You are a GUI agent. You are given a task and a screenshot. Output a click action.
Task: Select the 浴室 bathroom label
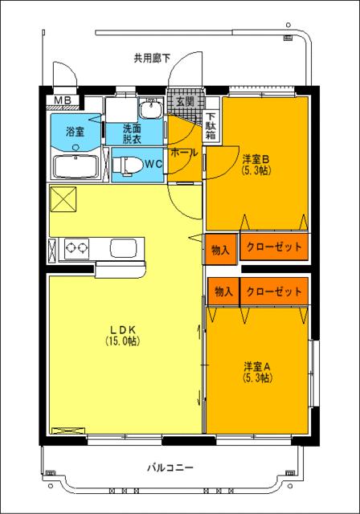(x=75, y=130)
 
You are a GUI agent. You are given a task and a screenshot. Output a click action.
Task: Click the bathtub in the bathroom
(x=75, y=167)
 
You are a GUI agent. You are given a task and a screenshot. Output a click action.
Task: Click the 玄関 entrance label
(x=185, y=101)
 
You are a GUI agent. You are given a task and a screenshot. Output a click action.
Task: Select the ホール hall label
(x=184, y=152)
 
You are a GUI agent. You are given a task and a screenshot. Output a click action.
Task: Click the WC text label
(x=154, y=163)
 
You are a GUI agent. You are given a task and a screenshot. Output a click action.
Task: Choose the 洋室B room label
(x=256, y=159)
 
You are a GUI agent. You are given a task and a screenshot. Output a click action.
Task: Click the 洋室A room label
(x=257, y=366)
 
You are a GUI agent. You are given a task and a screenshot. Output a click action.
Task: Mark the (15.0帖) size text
(x=122, y=341)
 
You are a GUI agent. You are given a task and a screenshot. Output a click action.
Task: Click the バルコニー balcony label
(x=170, y=467)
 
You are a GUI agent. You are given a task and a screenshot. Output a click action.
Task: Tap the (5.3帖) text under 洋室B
(x=256, y=170)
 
